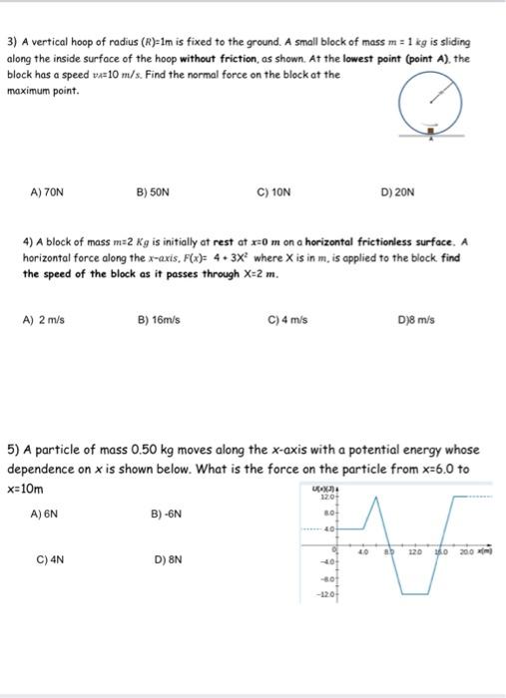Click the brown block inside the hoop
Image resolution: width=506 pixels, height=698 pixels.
pos(432,129)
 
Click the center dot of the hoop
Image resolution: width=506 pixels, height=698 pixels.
pos(431,104)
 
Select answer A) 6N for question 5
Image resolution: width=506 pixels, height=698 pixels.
pos(44,515)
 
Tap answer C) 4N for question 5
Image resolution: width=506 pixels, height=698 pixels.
pos(50,560)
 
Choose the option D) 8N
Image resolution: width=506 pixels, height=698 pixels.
pos(167,560)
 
